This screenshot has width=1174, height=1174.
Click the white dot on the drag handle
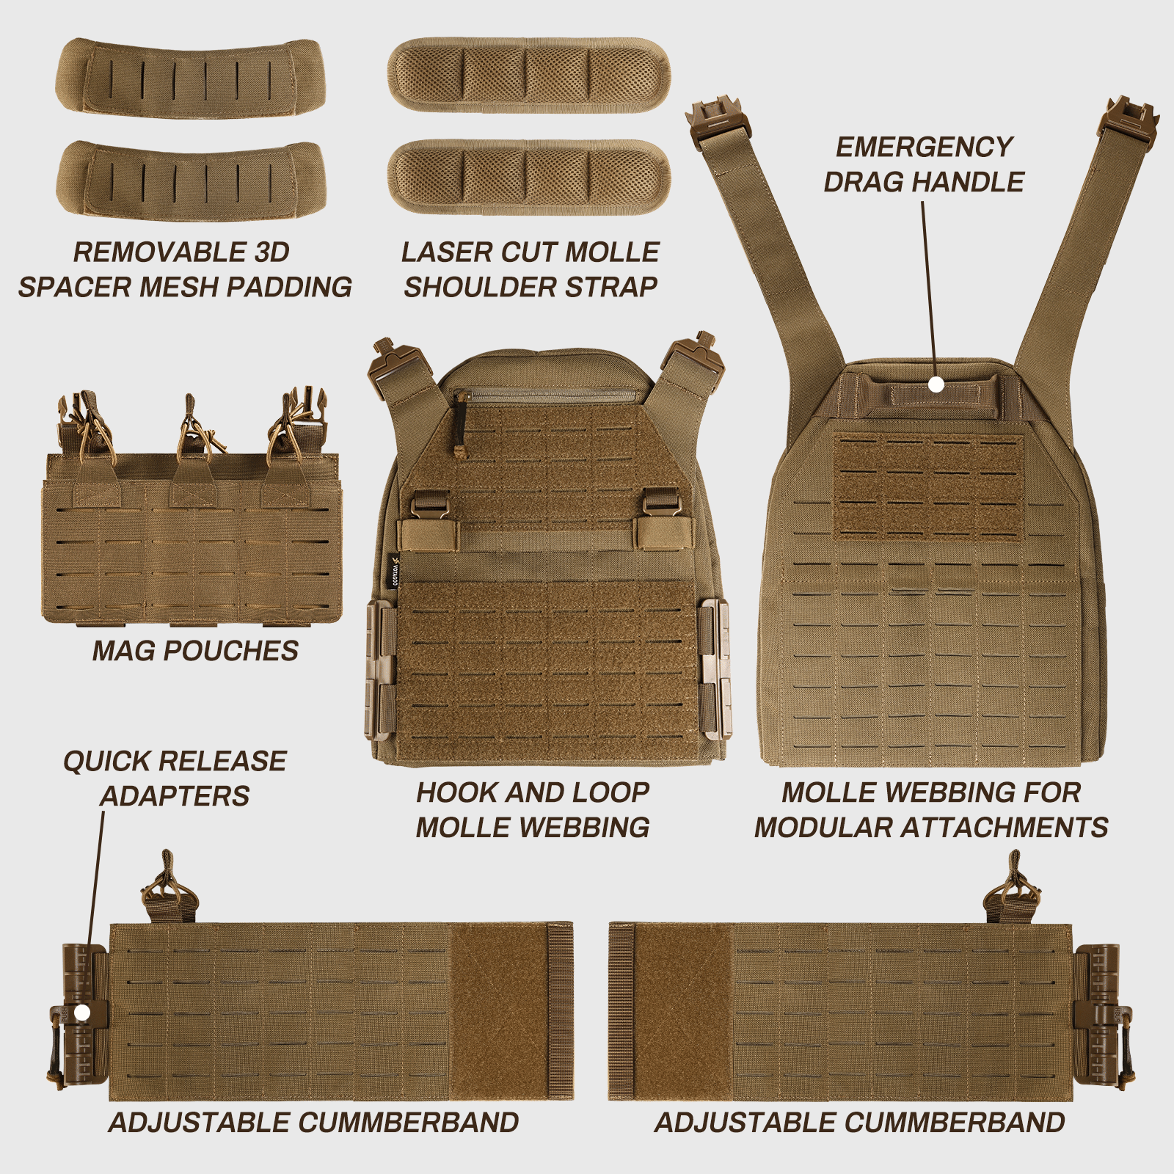click(936, 384)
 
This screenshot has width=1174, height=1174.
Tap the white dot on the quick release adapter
click(82, 1013)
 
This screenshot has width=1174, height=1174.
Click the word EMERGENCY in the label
click(924, 147)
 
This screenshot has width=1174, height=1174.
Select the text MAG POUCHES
click(195, 651)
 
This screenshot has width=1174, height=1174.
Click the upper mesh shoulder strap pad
click(528, 75)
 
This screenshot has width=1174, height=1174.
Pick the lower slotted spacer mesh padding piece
click(191, 178)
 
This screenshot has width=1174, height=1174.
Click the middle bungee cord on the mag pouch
click(192, 433)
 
